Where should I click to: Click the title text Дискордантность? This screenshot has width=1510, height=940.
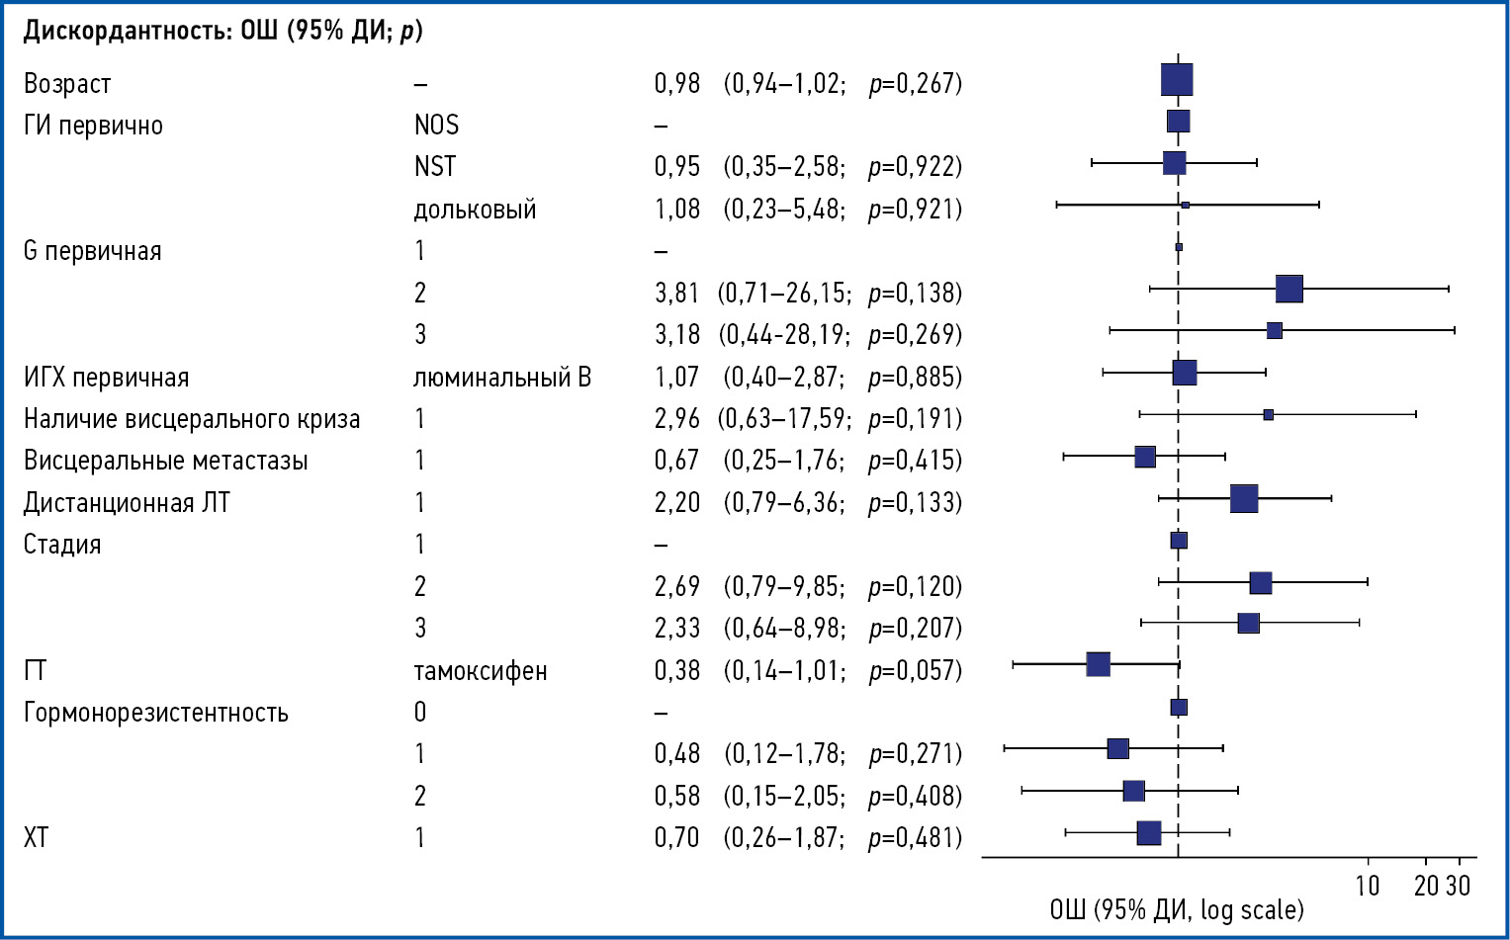tap(128, 31)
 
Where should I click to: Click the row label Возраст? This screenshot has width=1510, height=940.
tap(67, 84)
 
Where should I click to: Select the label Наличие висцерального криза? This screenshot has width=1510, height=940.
tap(192, 419)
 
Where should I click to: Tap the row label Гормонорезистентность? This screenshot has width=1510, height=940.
tap(156, 713)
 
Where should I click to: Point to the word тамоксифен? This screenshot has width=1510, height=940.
tap(481, 671)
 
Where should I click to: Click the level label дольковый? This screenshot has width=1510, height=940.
tap(475, 210)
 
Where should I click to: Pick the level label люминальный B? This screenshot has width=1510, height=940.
tap(502, 378)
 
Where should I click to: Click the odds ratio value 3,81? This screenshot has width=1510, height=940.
tap(676, 294)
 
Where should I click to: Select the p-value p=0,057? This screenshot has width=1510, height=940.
tap(915, 671)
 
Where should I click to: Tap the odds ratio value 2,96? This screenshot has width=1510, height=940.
tap(676, 419)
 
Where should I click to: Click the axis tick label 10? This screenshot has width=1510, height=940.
tap(1368, 886)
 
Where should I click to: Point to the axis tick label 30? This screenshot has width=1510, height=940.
tap(1459, 886)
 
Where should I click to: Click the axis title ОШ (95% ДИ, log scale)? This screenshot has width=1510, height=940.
tap(1177, 910)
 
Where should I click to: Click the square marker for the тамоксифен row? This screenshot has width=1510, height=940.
tap(1098, 664)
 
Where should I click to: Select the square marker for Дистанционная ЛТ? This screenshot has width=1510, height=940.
tap(1244, 498)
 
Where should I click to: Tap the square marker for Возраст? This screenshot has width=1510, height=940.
tap(1177, 80)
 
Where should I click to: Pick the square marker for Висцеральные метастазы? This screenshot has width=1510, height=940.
tap(1145, 457)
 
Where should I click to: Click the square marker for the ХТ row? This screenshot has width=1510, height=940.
tap(1149, 833)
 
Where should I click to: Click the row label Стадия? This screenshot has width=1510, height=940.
tap(62, 545)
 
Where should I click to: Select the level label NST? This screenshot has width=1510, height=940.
tap(435, 167)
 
